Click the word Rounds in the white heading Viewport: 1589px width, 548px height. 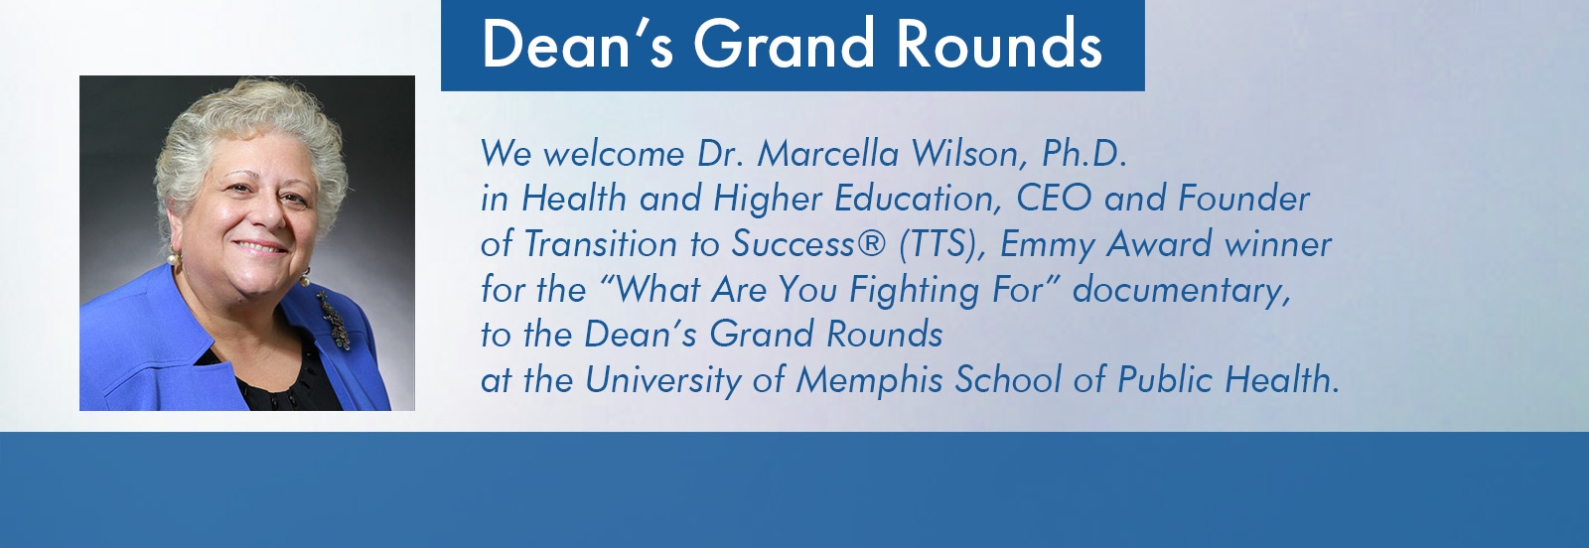pyautogui.click(x=999, y=44)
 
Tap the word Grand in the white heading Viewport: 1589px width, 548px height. pyautogui.click(x=784, y=44)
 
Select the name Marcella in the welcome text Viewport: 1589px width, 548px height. pyautogui.click(x=828, y=153)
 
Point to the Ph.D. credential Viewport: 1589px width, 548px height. pyautogui.click(x=1083, y=153)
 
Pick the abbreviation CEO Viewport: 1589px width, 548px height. pyautogui.click(x=1054, y=198)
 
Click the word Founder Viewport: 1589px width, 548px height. pyautogui.click(x=1243, y=198)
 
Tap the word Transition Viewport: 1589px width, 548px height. pyautogui.click(x=600, y=243)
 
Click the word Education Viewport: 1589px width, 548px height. pyautogui.click(x=918, y=198)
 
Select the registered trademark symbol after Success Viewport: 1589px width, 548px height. pyautogui.click(x=872, y=243)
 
